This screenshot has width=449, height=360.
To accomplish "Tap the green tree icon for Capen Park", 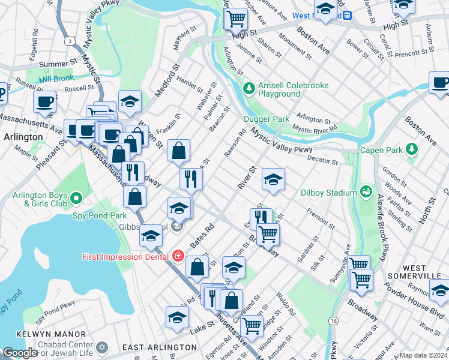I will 411,148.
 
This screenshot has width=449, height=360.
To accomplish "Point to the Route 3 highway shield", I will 71,41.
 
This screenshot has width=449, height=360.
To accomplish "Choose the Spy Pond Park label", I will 99,215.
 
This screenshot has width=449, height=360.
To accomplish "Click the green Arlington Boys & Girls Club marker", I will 76,197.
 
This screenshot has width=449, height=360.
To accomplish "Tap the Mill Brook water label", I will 56,78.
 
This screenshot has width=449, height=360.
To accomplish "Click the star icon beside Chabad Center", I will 101,347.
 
